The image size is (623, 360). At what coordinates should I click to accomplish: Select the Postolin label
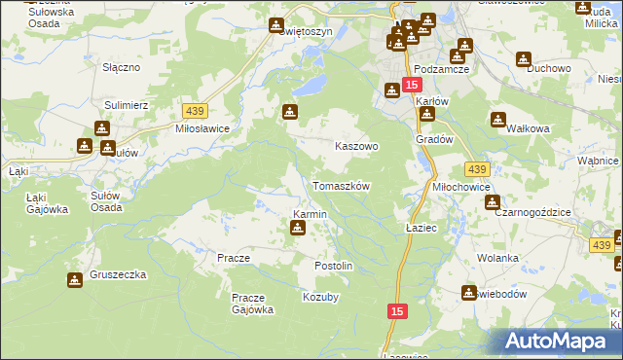(x=333, y=266)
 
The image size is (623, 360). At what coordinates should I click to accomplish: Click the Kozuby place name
(x=320, y=297)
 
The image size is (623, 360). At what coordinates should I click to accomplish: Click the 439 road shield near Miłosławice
(x=191, y=113)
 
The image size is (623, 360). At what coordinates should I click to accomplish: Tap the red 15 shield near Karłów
(x=412, y=86)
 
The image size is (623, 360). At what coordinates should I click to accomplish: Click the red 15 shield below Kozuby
(x=396, y=310)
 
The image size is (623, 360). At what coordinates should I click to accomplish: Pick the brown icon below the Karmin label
(x=298, y=229)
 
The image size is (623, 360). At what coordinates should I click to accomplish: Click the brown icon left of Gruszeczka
(x=75, y=280)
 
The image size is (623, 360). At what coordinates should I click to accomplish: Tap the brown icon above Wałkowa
(x=498, y=120)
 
